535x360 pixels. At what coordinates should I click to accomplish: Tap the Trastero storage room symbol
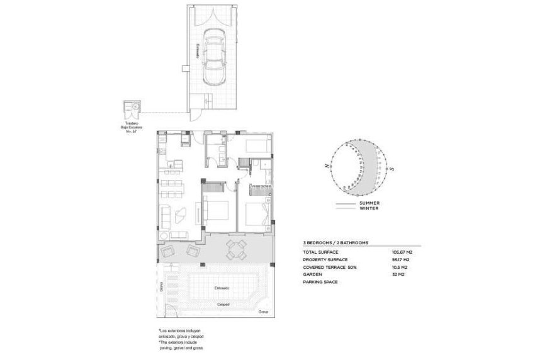tap(133, 108)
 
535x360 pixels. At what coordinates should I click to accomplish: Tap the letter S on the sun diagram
tap(391, 168)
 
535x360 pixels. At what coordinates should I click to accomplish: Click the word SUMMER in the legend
tap(368, 204)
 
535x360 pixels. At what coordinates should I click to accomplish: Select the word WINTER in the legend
tap(368, 209)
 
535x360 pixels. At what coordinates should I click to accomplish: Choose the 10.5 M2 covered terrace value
tap(400, 267)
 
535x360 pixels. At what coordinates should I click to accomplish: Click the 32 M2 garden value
tap(398, 274)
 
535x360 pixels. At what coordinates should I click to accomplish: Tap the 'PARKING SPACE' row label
tap(320, 282)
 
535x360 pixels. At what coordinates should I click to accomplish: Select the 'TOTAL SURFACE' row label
tap(321, 252)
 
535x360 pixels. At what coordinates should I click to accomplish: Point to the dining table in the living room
tap(171, 185)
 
